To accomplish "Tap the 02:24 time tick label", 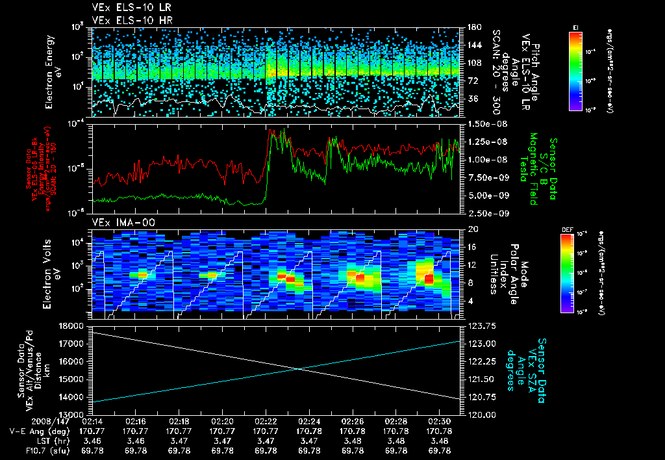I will pyautogui.click(x=309, y=422).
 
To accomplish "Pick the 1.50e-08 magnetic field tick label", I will pyautogui.click(x=482, y=123).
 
